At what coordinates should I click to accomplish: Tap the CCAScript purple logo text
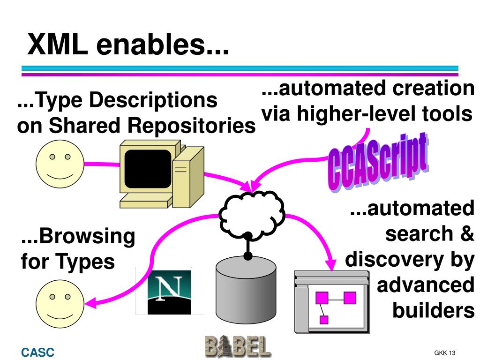[378, 162]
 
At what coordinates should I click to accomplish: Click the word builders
[433, 310]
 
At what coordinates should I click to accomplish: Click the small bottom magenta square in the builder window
[323, 320]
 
